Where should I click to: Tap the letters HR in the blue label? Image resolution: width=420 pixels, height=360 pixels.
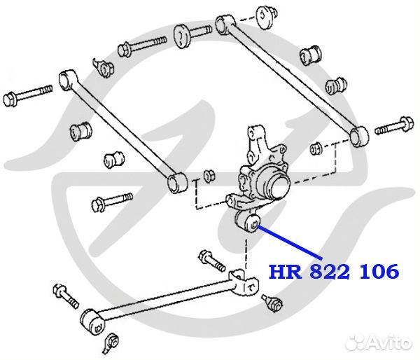(286, 271)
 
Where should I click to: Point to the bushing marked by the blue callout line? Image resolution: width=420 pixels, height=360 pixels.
(252, 222)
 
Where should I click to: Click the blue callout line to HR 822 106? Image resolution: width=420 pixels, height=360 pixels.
(290, 242)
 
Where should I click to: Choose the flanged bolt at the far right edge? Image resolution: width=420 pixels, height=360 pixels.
(393, 125)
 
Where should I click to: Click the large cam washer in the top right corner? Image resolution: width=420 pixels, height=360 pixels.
(267, 17)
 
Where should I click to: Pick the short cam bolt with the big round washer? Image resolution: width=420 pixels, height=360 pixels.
(193, 35)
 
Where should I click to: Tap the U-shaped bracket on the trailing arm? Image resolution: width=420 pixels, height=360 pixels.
(244, 283)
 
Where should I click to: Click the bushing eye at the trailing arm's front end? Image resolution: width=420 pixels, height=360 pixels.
(93, 322)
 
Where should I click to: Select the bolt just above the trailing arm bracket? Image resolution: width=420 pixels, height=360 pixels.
(212, 261)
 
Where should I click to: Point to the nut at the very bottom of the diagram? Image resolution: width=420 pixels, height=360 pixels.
(112, 342)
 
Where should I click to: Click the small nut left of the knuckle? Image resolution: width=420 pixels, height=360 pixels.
(209, 176)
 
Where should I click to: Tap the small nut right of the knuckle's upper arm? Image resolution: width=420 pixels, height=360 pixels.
(316, 148)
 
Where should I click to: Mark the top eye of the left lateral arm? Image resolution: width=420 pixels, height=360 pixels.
(67, 80)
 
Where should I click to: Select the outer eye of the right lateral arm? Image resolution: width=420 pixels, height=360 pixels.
(359, 136)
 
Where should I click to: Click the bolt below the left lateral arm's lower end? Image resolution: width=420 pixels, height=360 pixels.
(112, 202)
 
